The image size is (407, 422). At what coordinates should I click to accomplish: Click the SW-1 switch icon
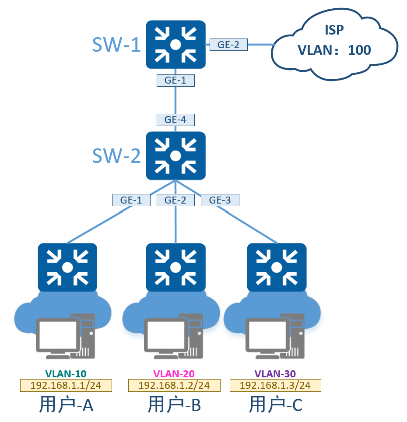point(175,45)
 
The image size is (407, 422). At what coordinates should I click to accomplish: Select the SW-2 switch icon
point(175,156)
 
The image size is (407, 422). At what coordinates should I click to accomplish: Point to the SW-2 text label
point(116,155)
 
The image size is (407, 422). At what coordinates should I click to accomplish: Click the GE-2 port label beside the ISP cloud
point(228,45)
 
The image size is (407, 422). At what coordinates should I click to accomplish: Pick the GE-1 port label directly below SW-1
point(175,81)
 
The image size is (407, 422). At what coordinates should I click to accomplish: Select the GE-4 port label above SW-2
point(175,120)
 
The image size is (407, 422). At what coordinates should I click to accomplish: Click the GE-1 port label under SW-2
point(131,200)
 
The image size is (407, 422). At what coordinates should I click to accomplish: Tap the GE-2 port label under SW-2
point(175,200)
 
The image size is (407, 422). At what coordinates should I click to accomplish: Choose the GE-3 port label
point(220,200)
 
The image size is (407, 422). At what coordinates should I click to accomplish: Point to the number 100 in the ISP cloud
point(359,50)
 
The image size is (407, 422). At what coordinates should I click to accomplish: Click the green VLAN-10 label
point(66,374)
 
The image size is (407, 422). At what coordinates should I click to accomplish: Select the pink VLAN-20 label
point(174,374)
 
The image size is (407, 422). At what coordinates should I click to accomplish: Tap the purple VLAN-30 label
point(275,374)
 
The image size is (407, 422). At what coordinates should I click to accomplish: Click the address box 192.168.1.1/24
point(66,385)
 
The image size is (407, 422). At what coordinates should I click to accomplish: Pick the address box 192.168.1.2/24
point(174,385)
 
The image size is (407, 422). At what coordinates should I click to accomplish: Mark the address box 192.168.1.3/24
point(275,385)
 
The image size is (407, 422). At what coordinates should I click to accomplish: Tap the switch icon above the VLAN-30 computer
point(277,267)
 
